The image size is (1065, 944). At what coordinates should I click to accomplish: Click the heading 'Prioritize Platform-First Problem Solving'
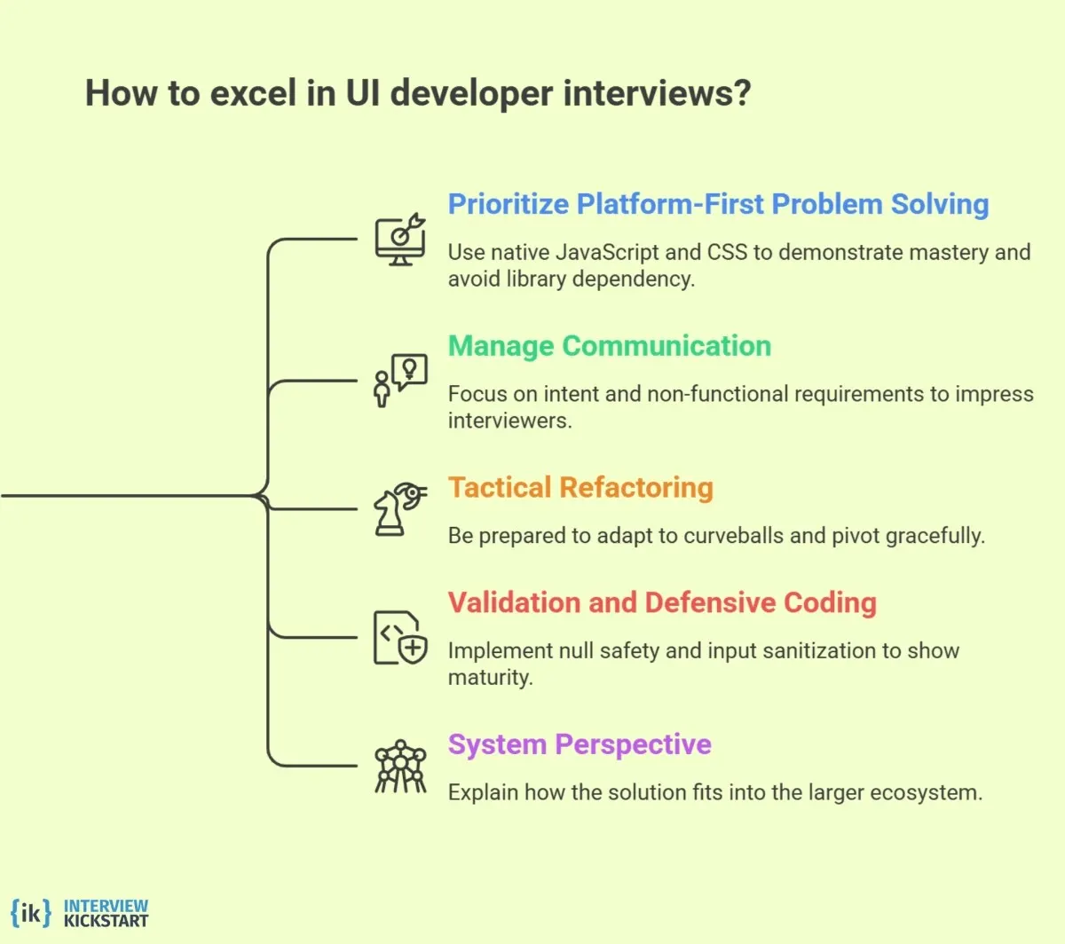click(717, 204)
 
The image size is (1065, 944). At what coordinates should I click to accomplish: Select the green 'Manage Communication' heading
click(609, 346)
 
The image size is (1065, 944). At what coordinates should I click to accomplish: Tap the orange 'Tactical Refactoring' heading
click(580, 488)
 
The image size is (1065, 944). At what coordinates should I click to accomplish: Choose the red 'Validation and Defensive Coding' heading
click(661, 603)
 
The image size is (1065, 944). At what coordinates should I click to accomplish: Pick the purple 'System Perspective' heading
click(579, 744)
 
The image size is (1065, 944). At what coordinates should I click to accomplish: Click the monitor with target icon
click(399, 240)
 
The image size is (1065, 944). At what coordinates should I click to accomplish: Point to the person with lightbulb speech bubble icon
click(399, 381)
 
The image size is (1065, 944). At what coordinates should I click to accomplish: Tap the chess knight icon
click(398, 509)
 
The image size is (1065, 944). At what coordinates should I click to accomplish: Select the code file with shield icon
click(398, 637)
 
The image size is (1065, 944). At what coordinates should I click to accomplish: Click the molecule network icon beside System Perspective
click(400, 767)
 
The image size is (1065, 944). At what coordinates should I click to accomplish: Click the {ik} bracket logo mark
click(30, 912)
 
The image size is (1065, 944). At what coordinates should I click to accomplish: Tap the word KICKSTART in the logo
click(106, 921)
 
